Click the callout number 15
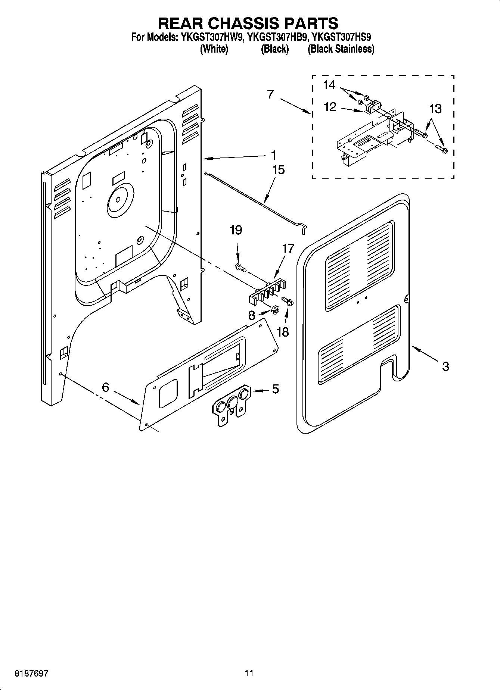tap(279, 170)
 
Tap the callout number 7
tap(271, 95)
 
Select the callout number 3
tap(445, 366)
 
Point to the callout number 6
tap(106, 387)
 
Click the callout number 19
tap(236, 230)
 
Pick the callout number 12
tap(330, 107)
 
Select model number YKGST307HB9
tap(278, 37)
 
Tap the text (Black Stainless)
tap(341, 49)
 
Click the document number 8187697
tap(31, 674)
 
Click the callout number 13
tap(435, 109)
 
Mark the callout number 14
tap(329, 85)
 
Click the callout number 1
tap(274, 155)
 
